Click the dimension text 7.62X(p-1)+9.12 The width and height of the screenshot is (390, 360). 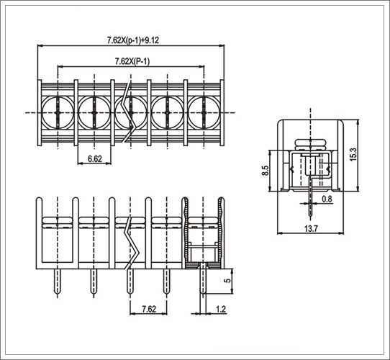pyautogui.click(x=133, y=40)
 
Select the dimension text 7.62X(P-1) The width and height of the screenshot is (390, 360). pyautogui.click(x=132, y=61)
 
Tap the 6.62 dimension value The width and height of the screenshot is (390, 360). pyautogui.click(x=95, y=158)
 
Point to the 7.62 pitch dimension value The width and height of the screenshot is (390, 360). pyautogui.click(x=149, y=309)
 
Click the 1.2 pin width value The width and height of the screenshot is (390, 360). pyautogui.click(x=221, y=309)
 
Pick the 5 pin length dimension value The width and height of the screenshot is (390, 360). pyautogui.click(x=227, y=280)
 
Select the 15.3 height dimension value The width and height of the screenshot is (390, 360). pyautogui.click(x=353, y=154)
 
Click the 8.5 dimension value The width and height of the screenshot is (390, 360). pyautogui.click(x=266, y=171)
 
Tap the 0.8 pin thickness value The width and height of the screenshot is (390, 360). pyautogui.click(x=327, y=199)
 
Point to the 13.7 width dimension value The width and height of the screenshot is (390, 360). pyautogui.click(x=311, y=228)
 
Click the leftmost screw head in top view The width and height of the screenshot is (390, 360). pyautogui.click(x=58, y=113)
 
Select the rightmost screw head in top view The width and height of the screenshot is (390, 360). pyautogui.click(x=204, y=113)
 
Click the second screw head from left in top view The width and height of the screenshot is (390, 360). pyautogui.click(x=94, y=113)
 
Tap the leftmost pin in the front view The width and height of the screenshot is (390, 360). pyautogui.click(x=58, y=282)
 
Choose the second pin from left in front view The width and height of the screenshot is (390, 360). pyautogui.click(x=94, y=282)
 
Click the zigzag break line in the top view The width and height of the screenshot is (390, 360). pyautogui.click(x=129, y=112)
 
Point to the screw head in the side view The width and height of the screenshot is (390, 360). pyautogui.click(x=310, y=145)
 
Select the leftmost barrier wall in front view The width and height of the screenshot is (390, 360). pyautogui.click(x=39, y=233)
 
